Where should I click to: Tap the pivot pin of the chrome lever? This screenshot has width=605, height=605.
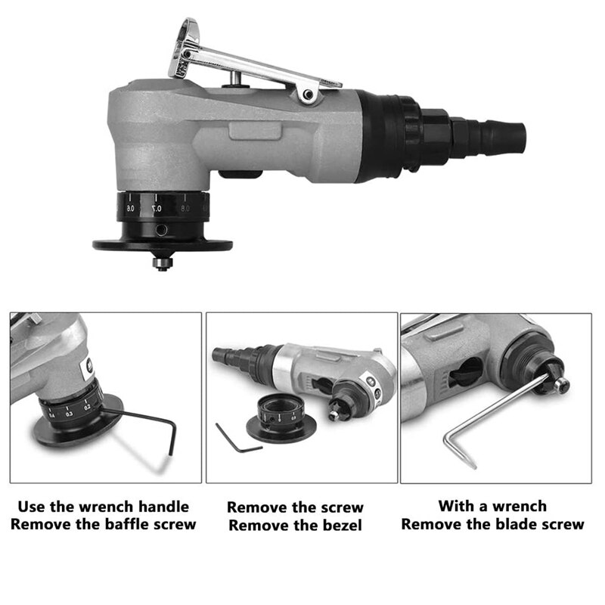point(307,94)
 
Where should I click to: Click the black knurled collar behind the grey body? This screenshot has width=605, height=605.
point(393,141)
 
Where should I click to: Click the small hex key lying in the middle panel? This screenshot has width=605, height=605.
point(238,439)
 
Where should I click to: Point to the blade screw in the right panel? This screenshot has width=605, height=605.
point(560,384)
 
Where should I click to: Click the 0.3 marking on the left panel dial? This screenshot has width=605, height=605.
point(70,414)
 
